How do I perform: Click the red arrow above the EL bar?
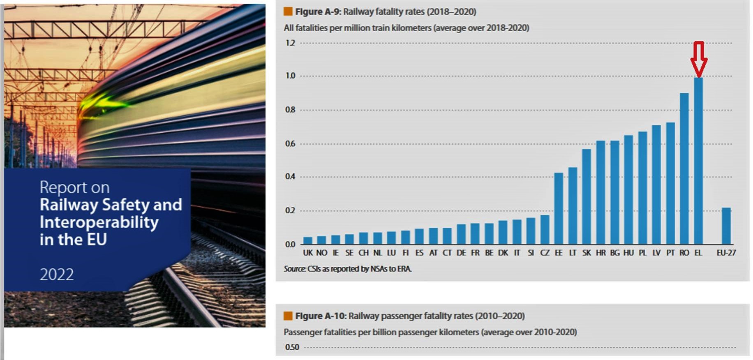pyautogui.click(x=698, y=59)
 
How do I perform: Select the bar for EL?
pyautogui.click(x=698, y=161)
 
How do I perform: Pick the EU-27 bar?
pyautogui.click(x=726, y=226)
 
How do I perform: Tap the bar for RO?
pyautogui.click(x=684, y=168)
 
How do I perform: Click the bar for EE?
pyautogui.click(x=559, y=208)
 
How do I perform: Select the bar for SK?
pyautogui.click(x=587, y=196)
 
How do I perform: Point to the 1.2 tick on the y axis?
pyautogui.click(x=290, y=43)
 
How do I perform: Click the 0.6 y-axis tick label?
pyautogui.click(x=290, y=143)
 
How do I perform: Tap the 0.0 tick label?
pyautogui.click(x=290, y=244)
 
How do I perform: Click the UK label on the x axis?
pyautogui.click(x=308, y=253)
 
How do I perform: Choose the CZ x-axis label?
pyautogui.click(x=545, y=253)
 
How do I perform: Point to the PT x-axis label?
pyautogui.click(x=670, y=253)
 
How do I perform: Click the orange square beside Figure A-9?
pyautogui.click(x=288, y=12)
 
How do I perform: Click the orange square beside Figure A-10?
pyautogui.click(x=288, y=316)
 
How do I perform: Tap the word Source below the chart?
pyautogui.click(x=294, y=269)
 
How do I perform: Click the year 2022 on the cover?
pyautogui.click(x=57, y=274)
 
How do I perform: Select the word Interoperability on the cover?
pyautogui.click(x=99, y=222)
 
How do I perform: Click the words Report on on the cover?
pyautogui.click(x=74, y=187)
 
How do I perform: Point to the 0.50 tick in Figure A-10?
pyautogui.click(x=292, y=347)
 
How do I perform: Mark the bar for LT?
pyautogui.click(x=573, y=205)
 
